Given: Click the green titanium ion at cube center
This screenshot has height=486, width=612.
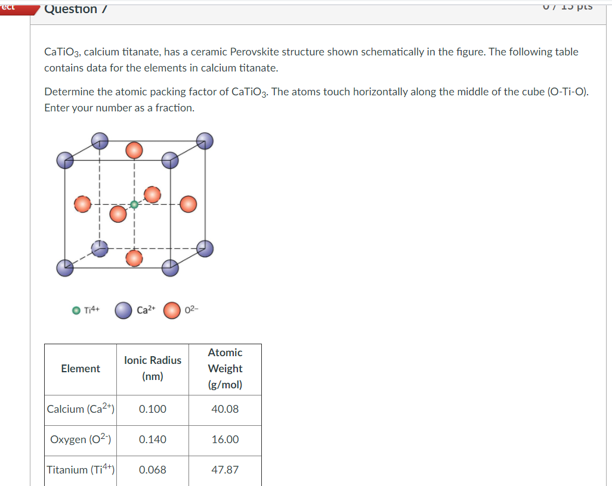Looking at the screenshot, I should click(x=134, y=204).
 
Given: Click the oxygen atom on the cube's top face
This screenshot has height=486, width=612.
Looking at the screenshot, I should click(x=135, y=150).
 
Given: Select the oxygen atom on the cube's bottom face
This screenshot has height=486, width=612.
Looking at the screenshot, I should click(x=135, y=257).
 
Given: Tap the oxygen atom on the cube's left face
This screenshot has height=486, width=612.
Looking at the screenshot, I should click(x=84, y=204).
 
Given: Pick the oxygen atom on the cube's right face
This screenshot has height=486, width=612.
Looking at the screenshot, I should click(x=188, y=204).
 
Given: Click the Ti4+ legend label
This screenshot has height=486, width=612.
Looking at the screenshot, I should click(x=92, y=310).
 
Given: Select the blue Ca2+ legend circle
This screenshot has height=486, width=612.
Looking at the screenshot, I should click(x=123, y=310).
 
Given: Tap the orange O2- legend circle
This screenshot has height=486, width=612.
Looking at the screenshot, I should click(x=172, y=310).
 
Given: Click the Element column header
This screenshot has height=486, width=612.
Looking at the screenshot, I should click(x=81, y=369).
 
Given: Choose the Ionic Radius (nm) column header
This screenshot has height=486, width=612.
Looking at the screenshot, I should click(x=153, y=368).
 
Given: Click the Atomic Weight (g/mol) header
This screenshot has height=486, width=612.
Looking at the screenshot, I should click(x=225, y=368).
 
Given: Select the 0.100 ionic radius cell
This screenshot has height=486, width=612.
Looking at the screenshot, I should click(x=153, y=409).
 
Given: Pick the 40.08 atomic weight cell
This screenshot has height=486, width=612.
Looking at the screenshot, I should click(x=225, y=409).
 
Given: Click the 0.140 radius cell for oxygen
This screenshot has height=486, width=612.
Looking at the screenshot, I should click(x=153, y=440).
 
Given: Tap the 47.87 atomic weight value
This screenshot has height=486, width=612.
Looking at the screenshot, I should click(x=225, y=470).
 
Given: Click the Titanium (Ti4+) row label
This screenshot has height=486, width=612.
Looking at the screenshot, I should click(x=81, y=470).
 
